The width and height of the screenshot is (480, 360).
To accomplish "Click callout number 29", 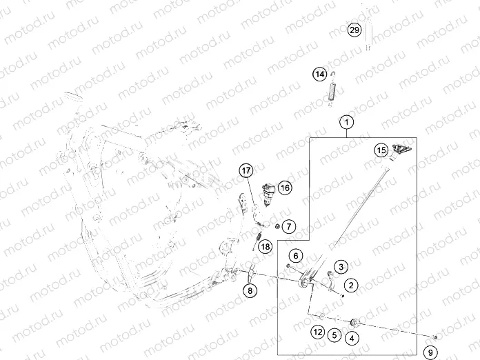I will click(354, 31).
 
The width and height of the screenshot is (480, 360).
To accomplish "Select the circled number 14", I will click(319, 74).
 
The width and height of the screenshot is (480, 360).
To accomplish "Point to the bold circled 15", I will click(381, 150).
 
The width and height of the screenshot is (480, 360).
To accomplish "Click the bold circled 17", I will click(247, 171).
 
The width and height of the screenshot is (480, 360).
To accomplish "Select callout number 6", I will click(294, 256).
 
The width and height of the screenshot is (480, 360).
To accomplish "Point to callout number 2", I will click(351, 285).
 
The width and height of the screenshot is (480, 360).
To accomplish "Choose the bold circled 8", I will click(250, 290).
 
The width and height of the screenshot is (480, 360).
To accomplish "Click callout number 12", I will click(317, 332).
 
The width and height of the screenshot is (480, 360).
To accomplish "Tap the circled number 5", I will click(334, 336).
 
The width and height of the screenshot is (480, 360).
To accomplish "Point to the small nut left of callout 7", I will click(277, 226).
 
